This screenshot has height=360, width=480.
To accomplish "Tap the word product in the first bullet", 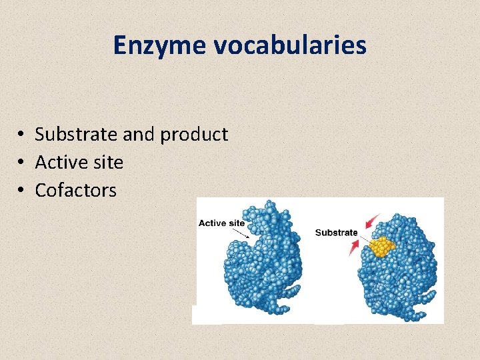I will pos(194,135).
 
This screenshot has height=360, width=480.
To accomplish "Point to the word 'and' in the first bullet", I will pos(139,134).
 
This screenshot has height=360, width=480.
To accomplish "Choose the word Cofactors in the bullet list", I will pos(75,190).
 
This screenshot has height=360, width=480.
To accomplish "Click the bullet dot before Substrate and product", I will pos(22,135).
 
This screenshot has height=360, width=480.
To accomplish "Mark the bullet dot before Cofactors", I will pos(22,191).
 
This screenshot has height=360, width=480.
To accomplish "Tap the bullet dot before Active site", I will pos(22,163).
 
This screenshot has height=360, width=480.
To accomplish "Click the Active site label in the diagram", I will pos(221,223).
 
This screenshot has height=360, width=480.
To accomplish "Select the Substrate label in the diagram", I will pos(336,233).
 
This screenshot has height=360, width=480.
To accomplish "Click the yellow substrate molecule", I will pos(382,246).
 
